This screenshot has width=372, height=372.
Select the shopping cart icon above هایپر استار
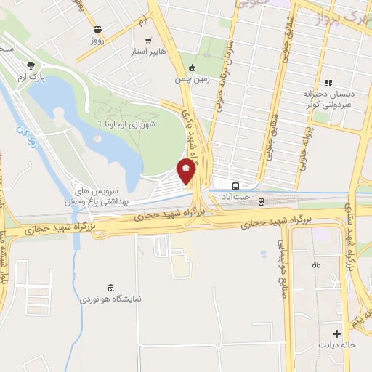[148, 41]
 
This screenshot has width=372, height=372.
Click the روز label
[97, 41]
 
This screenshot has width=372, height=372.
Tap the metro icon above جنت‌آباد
[235, 185]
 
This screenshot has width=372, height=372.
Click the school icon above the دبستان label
[328, 82]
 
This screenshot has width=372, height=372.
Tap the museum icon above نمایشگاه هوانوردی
[110, 287]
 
